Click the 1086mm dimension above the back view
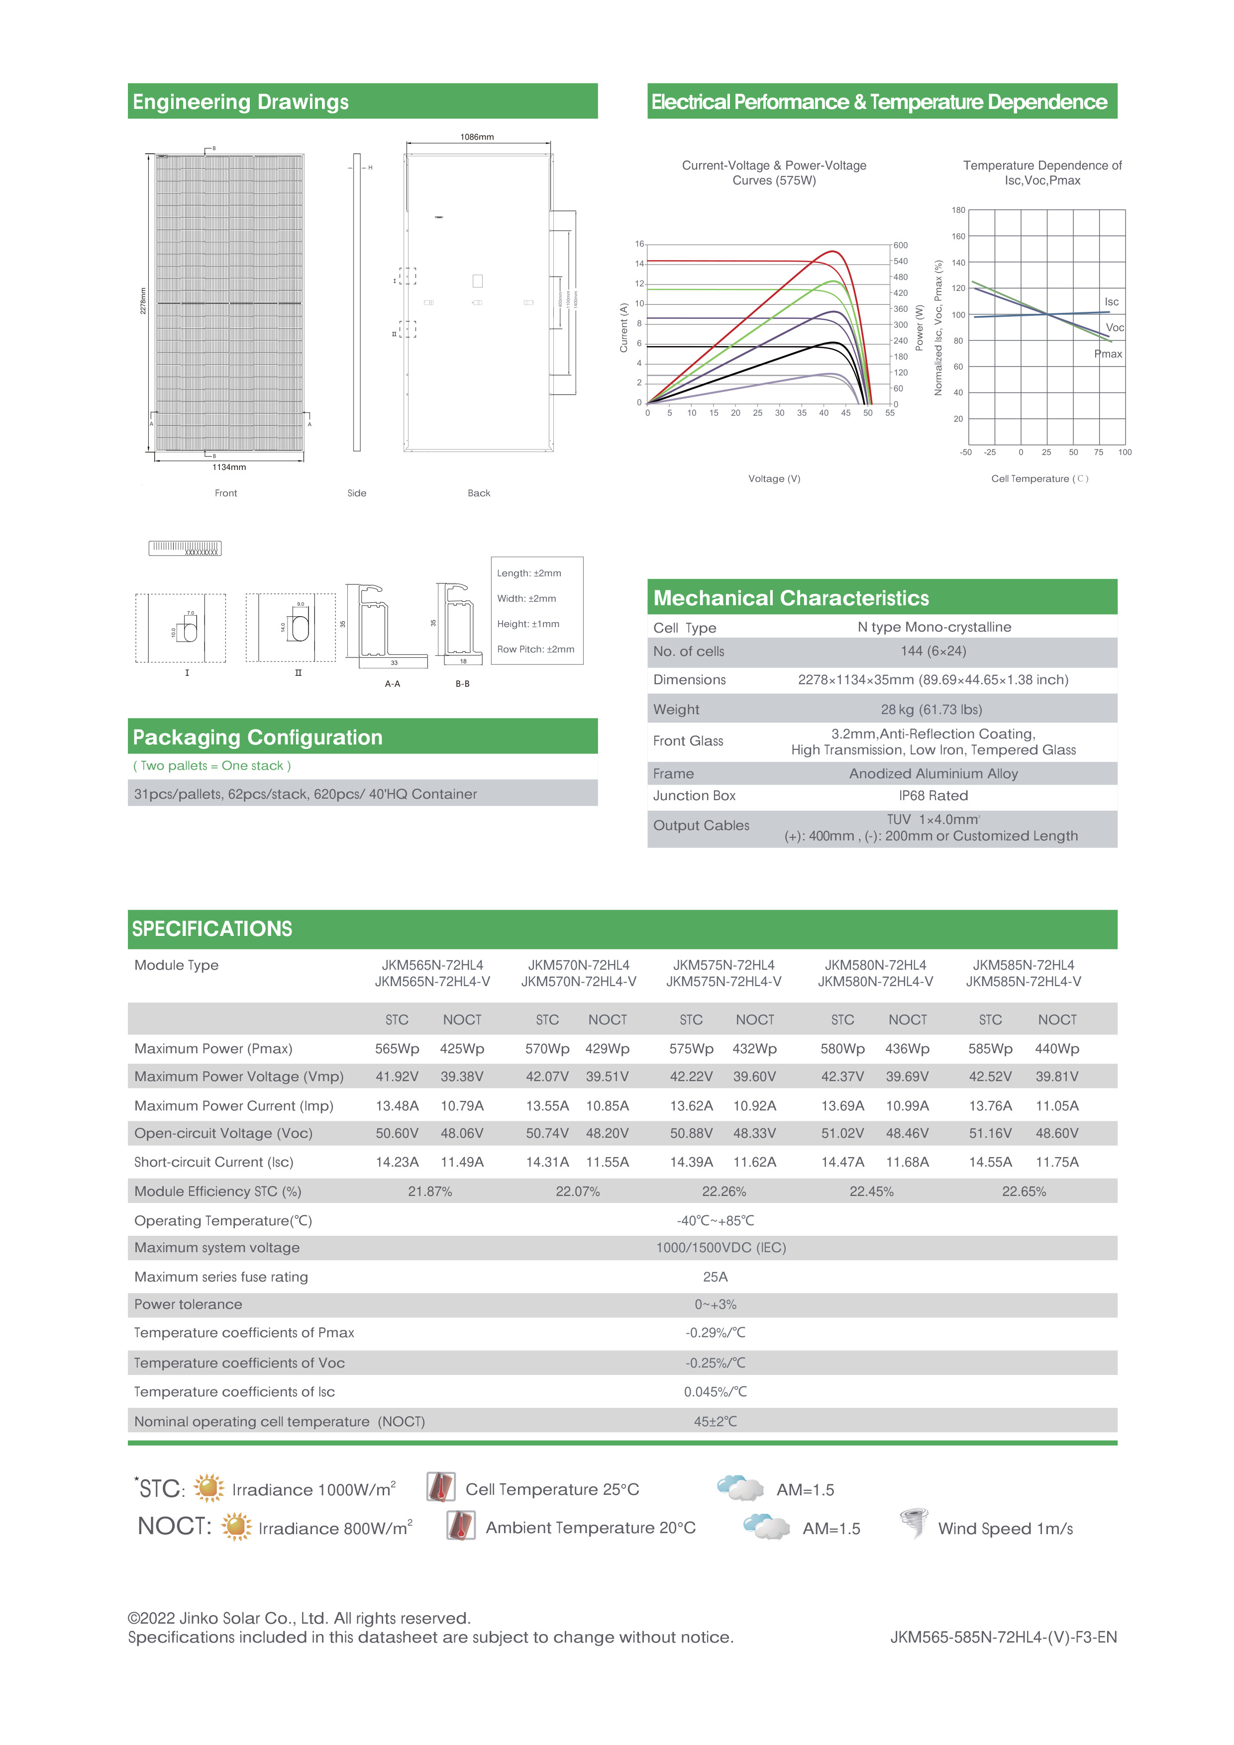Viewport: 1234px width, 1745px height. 477,137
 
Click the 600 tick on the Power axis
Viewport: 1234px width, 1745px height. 900,246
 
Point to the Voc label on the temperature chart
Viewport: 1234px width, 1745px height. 1114,328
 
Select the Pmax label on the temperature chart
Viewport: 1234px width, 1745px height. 1108,354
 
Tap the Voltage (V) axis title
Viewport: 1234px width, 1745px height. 774,479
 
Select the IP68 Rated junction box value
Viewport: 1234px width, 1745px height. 933,796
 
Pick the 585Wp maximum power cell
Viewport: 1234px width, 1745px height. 990,1049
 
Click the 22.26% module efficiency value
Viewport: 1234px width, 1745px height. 724,1192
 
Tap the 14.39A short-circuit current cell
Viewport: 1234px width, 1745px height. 691,1162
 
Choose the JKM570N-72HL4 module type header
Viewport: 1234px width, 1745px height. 579,965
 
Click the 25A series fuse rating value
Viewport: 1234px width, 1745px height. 715,1277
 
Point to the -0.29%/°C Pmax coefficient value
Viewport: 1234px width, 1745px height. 715,1333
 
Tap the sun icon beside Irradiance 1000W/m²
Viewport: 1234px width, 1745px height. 208,1488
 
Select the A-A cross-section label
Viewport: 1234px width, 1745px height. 392,684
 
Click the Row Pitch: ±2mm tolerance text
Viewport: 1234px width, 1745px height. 535,649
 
